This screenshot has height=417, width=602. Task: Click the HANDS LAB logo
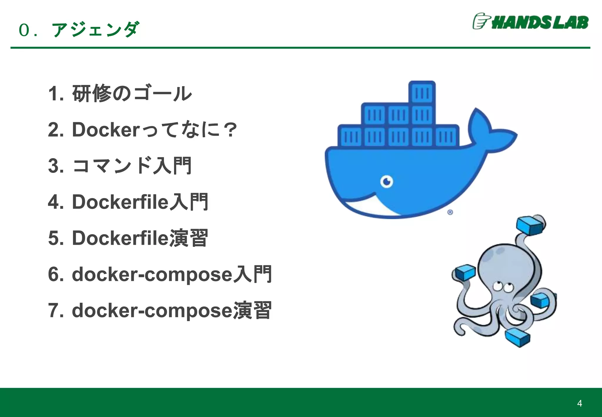click(531, 21)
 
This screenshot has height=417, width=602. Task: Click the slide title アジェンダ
click(95, 30)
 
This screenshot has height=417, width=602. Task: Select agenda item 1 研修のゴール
click(120, 94)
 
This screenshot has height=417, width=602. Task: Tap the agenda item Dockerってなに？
click(142, 130)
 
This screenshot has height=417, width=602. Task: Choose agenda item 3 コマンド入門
click(120, 166)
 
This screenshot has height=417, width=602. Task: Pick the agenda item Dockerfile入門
click(128, 202)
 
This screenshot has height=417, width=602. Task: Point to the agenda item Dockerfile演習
click(128, 238)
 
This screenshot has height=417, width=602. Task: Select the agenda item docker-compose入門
click(160, 274)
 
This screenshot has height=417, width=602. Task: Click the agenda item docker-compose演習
click(160, 310)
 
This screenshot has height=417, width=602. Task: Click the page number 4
click(579, 403)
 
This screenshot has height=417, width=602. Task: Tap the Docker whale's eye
click(387, 181)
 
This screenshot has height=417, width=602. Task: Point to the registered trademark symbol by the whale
click(450, 212)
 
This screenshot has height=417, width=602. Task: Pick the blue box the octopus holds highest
click(530, 225)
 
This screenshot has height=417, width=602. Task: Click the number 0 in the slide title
click(24, 30)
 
